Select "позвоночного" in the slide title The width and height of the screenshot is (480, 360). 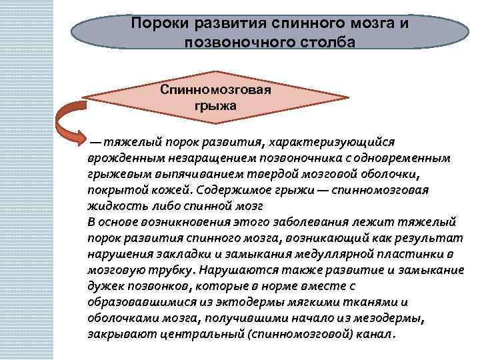tap(236, 42)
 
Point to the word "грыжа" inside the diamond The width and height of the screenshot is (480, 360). tap(215, 105)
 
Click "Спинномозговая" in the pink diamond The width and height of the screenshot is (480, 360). tap(215, 89)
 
